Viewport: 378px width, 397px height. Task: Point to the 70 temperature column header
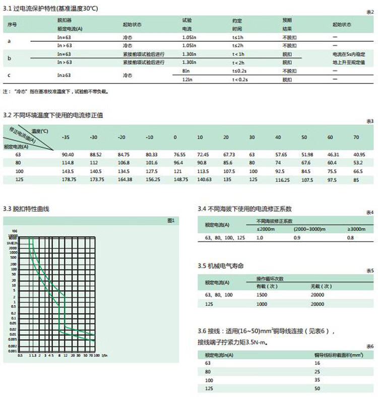pyautogui.click(x=356, y=137)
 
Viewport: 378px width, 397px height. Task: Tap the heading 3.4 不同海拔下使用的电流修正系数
pyautogui.click(x=245, y=208)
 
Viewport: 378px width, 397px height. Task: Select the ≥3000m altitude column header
pyautogui.click(x=356, y=229)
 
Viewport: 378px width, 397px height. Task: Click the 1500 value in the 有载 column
pyautogui.click(x=263, y=294)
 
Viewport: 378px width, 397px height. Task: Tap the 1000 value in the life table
pyautogui.click(x=263, y=304)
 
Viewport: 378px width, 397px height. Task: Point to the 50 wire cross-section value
pyautogui.click(x=317, y=389)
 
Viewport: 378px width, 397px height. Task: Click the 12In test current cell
pyautogui.click(x=187, y=80)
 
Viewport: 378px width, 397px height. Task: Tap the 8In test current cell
pyautogui.click(x=185, y=71)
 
